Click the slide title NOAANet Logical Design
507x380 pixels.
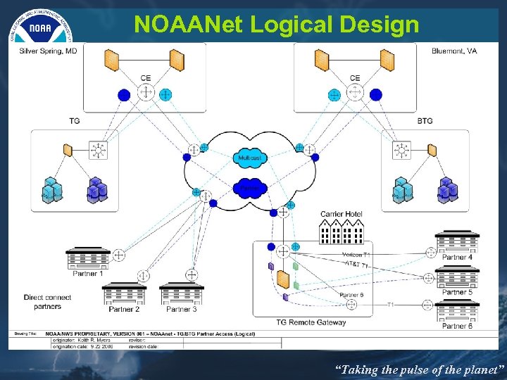pos(276,25)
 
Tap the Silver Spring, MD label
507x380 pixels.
pos(48,51)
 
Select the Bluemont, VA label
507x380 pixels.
pos(453,51)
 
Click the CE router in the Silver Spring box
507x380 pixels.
pos(146,92)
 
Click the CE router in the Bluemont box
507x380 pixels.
pos(355,92)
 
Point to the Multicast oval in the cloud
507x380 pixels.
pos(250,159)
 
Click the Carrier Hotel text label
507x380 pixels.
pos(342,214)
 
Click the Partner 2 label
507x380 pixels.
pos(124,309)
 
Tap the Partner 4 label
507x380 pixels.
pos(457,258)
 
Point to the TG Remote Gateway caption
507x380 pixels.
pos(311,322)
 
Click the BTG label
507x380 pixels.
pos(425,121)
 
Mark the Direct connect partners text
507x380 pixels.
pos(47,302)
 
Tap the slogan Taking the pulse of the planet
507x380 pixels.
pos(420,369)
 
